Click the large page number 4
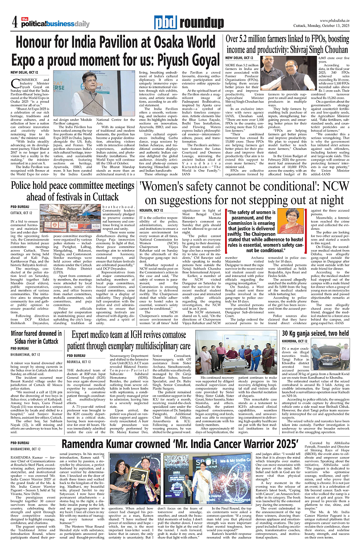[x=14, y=21]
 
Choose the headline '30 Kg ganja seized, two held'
[x=315, y=333]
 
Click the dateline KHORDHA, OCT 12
[x=295, y=341]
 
